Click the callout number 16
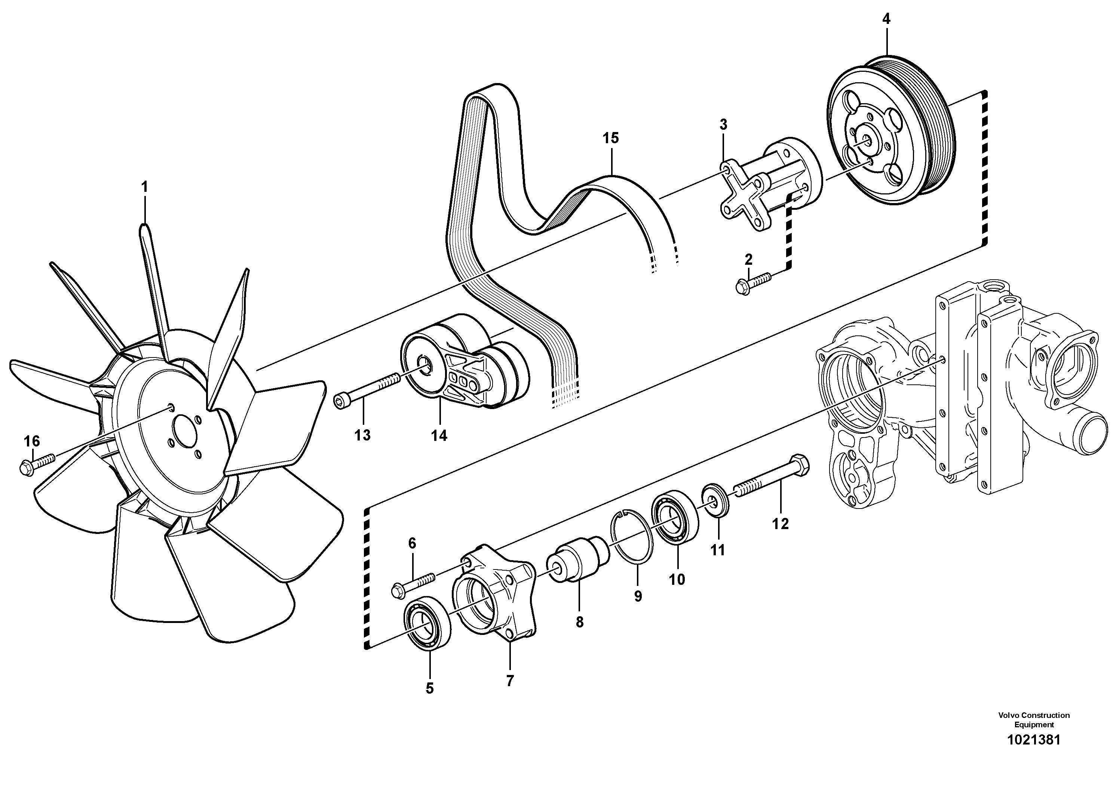tap(32, 442)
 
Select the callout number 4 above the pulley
tap(886, 19)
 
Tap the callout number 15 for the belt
tap(611, 138)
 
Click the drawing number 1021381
tap(1033, 753)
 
